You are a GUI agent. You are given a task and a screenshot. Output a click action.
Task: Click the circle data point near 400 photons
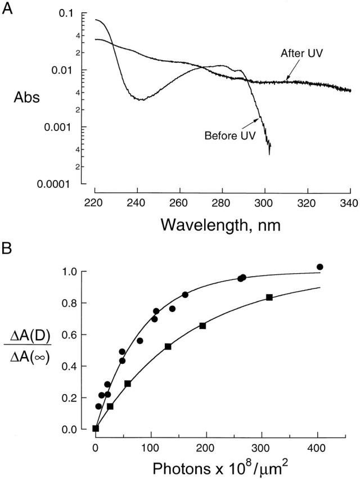[320, 267]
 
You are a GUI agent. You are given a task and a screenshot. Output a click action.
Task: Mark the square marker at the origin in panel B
[96, 428]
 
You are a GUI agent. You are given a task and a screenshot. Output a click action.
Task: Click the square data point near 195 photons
[202, 326]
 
